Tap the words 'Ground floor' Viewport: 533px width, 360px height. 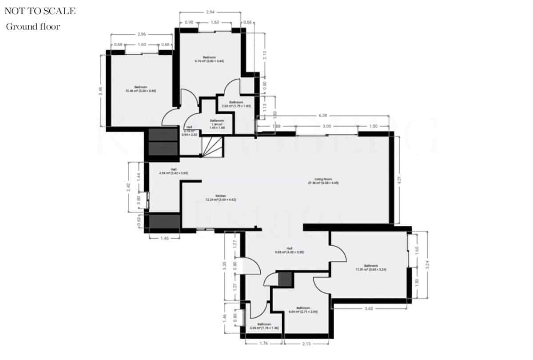click(33, 27)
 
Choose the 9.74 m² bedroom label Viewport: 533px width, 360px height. click(209, 59)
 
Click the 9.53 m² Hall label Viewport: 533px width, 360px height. click(289, 250)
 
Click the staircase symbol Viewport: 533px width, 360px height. click(213, 147)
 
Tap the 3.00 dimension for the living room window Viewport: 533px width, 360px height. click(327, 127)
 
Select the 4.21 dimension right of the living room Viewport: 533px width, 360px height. click(399, 180)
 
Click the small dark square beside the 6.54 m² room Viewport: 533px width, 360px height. click(285, 279)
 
